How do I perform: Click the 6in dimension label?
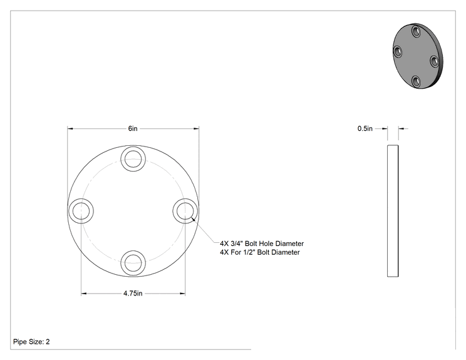coord(133,128)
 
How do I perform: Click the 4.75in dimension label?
coord(133,294)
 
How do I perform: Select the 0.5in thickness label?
coord(365,128)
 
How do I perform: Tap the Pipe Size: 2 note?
coord(31,342)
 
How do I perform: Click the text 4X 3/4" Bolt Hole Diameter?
coord(262,244)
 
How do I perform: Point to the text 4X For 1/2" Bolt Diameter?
coord(260,252)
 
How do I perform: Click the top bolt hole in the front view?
coord(133,159)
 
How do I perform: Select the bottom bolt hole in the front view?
coord(133,263)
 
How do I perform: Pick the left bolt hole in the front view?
coord(81,211)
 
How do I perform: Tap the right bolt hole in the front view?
coord(185,211)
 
